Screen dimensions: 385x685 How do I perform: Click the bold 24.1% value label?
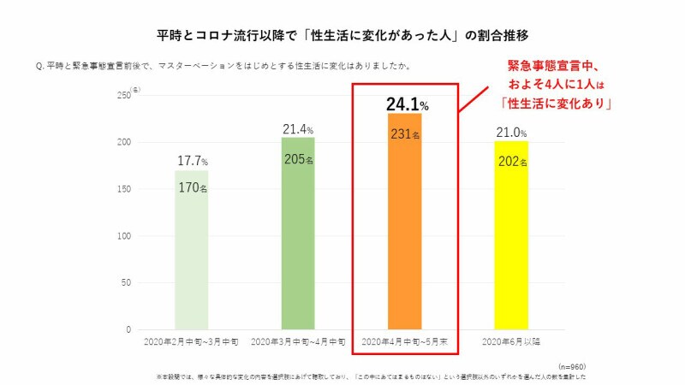click(407, 104)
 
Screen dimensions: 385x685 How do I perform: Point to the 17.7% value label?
click(192, 161)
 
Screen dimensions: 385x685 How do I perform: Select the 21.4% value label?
click(299, 129)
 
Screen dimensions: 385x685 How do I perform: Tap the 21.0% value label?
click(511, 133)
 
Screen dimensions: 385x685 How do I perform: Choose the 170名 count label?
click(192, 187)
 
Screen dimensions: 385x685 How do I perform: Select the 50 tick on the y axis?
click(125, 282)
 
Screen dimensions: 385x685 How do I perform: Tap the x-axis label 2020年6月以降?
click(511, 341)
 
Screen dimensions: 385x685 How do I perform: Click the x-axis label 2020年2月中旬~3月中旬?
click(192, 341)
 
